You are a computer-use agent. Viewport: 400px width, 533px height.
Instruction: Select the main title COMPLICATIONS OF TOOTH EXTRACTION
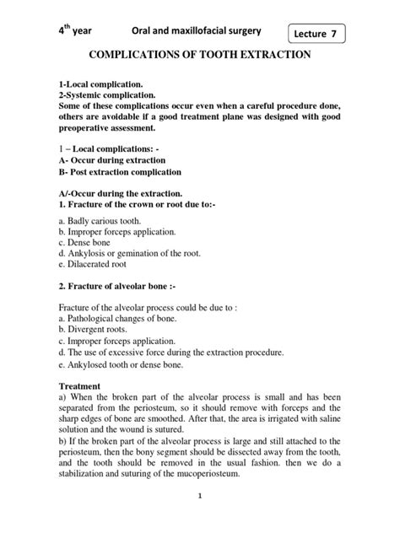coord(200,56)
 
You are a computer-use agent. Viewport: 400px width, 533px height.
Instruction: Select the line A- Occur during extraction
coord(111,159)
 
